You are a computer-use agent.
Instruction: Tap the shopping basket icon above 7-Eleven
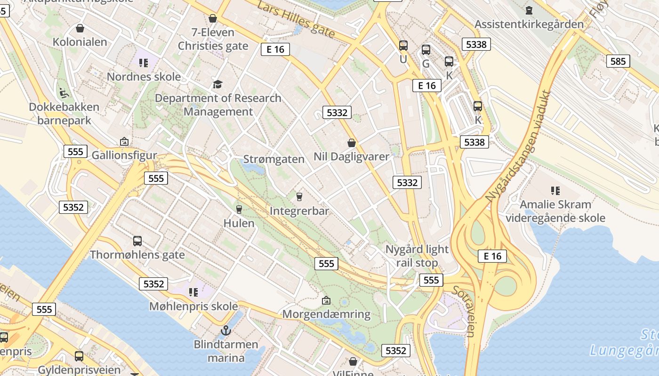[213, 18]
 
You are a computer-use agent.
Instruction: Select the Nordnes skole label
[144, 77]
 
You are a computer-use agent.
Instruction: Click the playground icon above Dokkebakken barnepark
[64, 93]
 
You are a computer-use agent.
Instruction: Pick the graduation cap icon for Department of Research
[217, 84]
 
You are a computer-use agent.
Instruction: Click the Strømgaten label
[274, 159]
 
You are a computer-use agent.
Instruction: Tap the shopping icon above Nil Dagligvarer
[352, 142]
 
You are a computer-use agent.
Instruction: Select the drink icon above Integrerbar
[299, 196]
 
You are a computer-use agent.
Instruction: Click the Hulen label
[239, 223]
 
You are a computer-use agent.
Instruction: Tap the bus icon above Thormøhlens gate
[137, 241]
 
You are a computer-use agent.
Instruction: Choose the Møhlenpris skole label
[193, 306]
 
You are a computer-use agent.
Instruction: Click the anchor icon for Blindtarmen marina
[226, 330]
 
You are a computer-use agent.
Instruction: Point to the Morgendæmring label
[326, 314]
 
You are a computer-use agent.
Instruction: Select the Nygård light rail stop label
[417, 256]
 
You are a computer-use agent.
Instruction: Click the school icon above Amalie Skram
[555, 190]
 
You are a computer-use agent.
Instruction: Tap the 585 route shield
[618, 61]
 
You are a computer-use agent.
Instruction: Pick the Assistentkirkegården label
[529, 24]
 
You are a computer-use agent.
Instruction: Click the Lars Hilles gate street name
[297, 20]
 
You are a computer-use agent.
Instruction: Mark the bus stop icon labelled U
[403, 46]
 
